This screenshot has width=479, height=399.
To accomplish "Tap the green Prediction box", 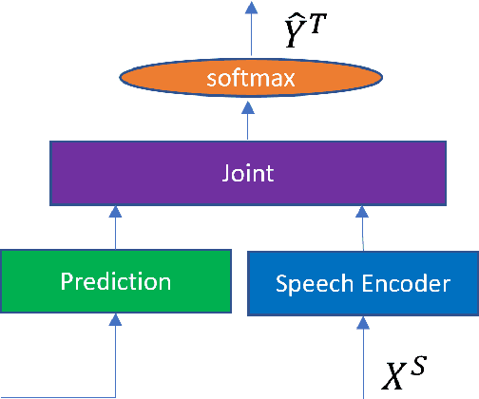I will pyautogui.click(x=115, y=281).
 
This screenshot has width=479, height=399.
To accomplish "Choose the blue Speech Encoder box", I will pyautogui.click(x=362, y=282).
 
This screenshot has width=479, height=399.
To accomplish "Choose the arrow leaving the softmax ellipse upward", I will pyautogui.click(x=251, y=28).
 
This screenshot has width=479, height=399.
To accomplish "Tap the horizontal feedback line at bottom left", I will pyautogui.click(x=57, y=396).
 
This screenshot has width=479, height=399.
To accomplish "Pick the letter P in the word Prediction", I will pyautogui.click(x=66, y=281).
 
